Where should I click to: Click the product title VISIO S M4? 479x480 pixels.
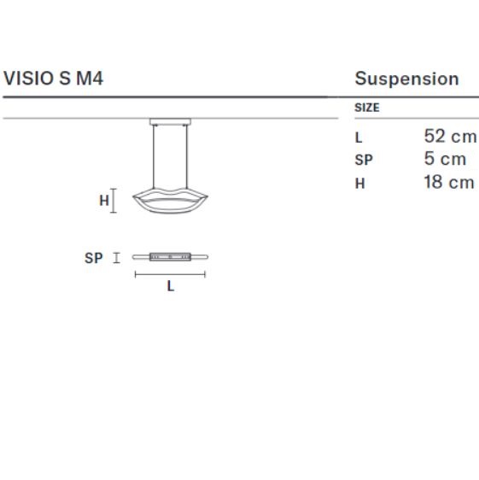point(53,79)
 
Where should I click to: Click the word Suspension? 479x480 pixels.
point(406,79)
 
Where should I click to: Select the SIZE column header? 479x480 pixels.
point(367,108)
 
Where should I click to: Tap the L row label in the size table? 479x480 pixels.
point(359,138)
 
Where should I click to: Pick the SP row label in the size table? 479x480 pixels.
point(364,160)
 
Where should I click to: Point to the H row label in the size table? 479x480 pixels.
point(360,184)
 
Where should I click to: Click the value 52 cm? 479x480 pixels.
point(450,136)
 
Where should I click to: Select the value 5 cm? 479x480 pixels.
point(445,159)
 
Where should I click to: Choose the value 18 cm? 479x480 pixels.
point(449,182)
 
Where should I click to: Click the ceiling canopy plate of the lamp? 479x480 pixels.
point(170,121)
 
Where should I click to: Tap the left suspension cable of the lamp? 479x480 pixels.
point(154,157)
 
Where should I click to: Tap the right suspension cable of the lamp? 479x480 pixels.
point(187,157)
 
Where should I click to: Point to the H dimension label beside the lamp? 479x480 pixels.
point(104,201)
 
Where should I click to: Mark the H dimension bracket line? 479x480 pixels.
point(114,201)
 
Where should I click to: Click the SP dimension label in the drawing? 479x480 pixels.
point(93,258)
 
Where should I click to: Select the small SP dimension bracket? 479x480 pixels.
point(116,258)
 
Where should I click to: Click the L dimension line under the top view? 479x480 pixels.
point(170,275)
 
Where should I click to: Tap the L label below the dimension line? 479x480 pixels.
point(171,286)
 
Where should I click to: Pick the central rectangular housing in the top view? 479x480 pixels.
point(170,257)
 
